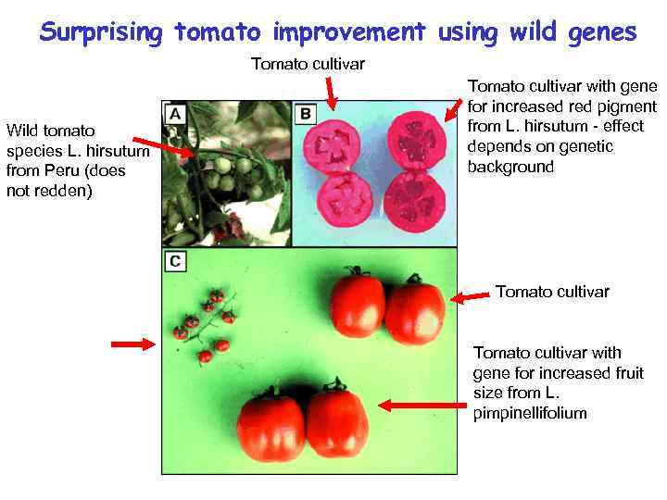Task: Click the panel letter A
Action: [175, 113]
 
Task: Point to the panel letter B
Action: [306, 113]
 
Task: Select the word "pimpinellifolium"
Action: [530, 413]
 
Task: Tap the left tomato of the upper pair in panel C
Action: [358, 304]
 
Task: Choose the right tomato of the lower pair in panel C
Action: [337, 423]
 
